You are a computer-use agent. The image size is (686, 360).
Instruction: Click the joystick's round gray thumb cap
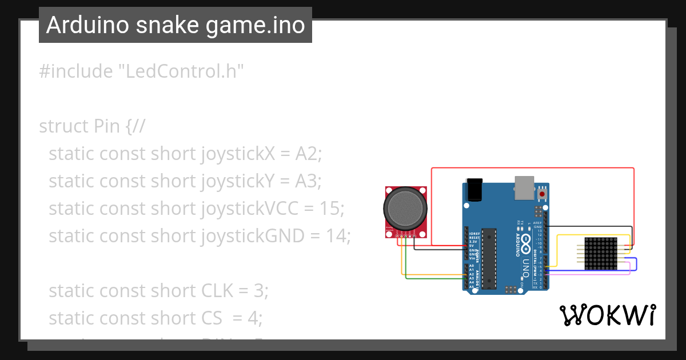tap(405, 209)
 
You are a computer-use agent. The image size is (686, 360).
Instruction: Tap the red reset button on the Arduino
tap(541, 194)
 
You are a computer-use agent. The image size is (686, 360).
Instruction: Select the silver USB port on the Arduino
tap(524, 188)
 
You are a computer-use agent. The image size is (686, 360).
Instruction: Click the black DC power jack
tap(474, 189)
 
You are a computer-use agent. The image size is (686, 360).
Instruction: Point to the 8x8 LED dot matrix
tap(601, 254)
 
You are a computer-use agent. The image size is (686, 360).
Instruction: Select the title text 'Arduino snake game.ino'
tap(176, 25)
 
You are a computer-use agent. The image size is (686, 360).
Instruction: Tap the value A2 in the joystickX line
tap(308, 153)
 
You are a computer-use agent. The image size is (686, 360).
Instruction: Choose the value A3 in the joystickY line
tap(308, 181)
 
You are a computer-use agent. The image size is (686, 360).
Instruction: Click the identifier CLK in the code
tap(217, 290)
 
